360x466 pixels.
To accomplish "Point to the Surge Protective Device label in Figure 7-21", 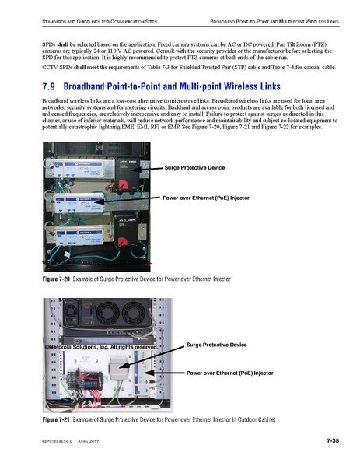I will pyautogui.click(x=216, y=344).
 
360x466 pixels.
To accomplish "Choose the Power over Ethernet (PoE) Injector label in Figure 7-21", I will pyautogui.click(x=230, y=373).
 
